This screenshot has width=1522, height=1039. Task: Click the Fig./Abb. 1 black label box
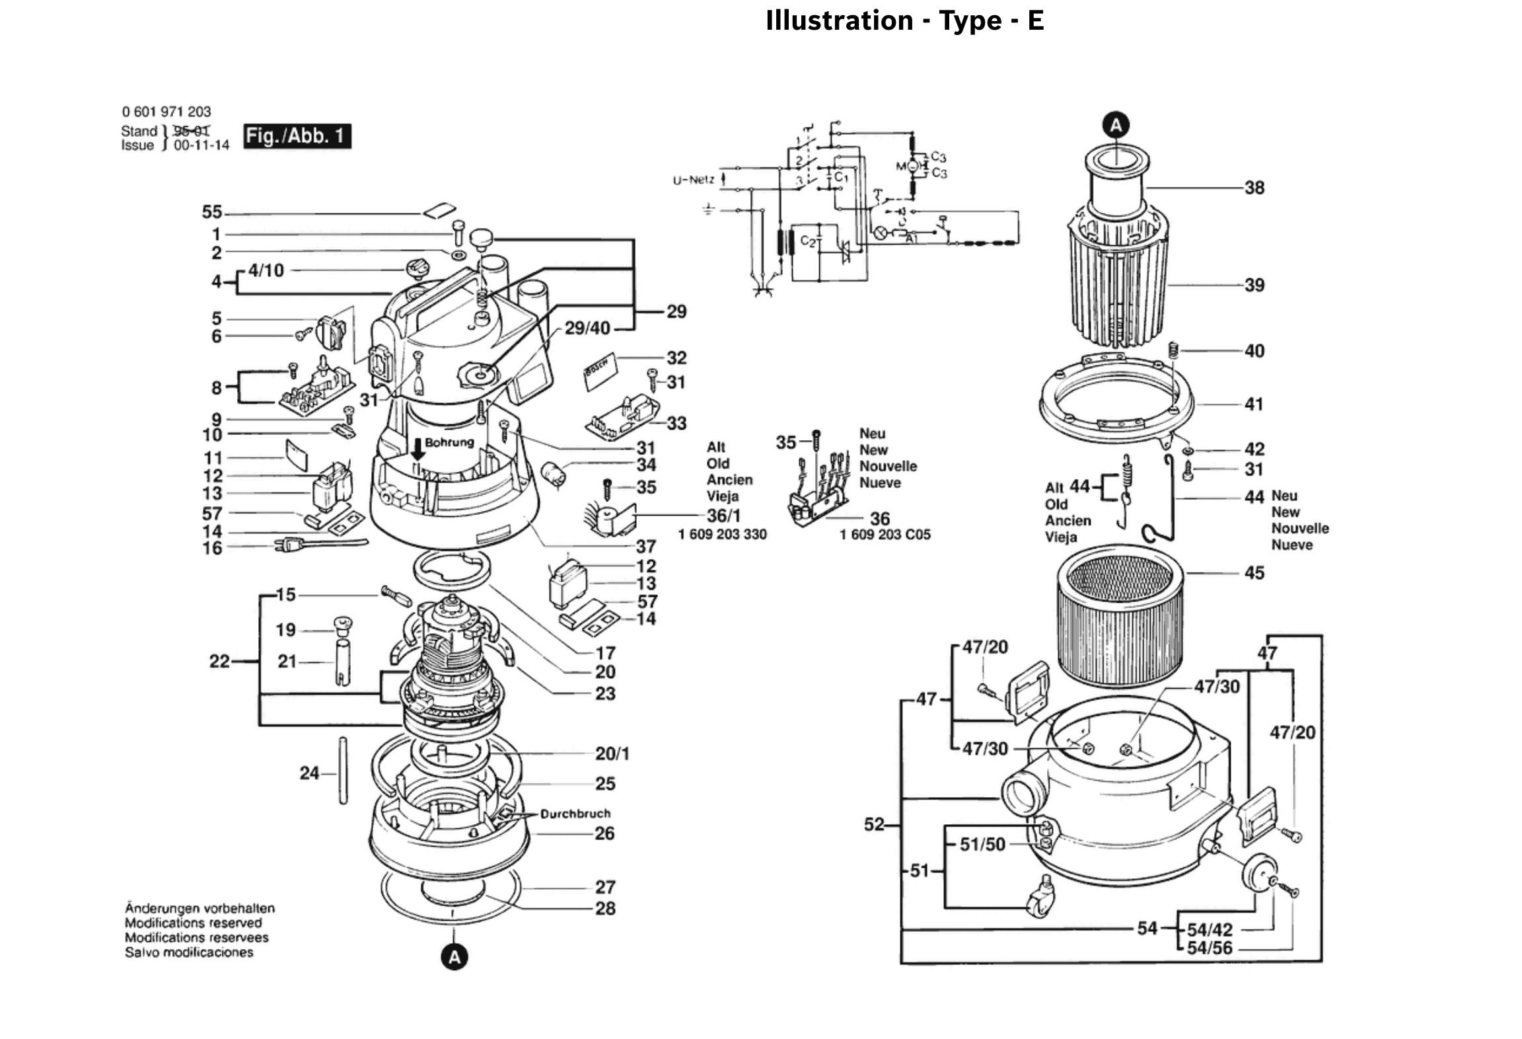[x=297, y=136]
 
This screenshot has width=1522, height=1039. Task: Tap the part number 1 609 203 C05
[x=885, y=534]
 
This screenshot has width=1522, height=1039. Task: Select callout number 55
[x=212, y=212]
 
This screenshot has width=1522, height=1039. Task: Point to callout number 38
[x=1254, y=188]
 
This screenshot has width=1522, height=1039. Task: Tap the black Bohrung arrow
[x=417, y=451]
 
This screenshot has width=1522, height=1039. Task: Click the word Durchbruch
[x=575, y=814]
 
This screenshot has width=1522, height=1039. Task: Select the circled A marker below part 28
[x=454, y=957]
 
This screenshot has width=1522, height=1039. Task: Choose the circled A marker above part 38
[x=1116, y=125]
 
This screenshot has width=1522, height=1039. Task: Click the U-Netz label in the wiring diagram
[x=693, y=180]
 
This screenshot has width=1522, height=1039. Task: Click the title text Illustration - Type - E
[x=904, y=20]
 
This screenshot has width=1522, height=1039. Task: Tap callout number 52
[x=874, y=824]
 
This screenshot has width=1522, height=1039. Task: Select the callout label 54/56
[x=1210, y=948]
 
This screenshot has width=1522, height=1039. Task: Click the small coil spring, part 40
[x=1174, y=350]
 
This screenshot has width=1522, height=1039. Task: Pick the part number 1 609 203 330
[x=722, y=534]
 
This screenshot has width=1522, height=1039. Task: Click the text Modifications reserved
[x=193, y=923]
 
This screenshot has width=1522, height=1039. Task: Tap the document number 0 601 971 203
[x=166, y=112]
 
